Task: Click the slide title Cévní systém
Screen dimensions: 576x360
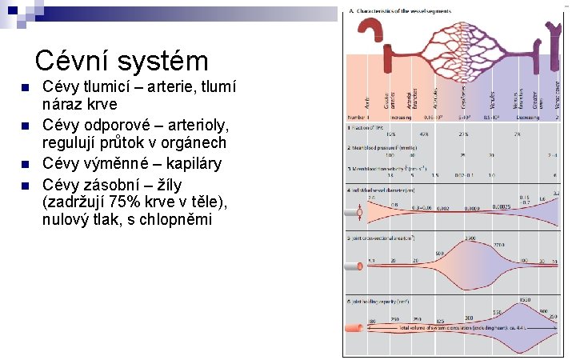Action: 122,61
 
